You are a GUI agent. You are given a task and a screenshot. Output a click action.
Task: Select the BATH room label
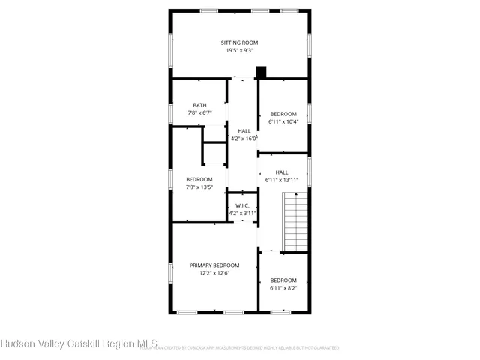tap(199, 105)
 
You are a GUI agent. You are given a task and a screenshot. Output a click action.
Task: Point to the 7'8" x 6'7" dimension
tap(199, 113)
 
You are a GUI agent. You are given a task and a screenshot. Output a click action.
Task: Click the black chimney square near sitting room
tap(261, 73)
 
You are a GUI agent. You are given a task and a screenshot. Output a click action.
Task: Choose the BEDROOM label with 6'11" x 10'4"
tap(283, 114)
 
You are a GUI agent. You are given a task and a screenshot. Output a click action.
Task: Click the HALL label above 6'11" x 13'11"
tap(281, 172)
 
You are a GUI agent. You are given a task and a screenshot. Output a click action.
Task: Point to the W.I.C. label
tap(242, 205)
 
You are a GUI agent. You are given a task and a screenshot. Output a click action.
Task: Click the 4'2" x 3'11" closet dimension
tap(243, 214)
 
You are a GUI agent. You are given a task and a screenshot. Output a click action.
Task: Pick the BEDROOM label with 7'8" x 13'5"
tap(199, 179)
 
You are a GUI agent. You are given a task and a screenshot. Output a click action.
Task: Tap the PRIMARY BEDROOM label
tap(214, 265)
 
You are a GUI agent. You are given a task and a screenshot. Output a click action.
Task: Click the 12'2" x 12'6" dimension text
tap(214, 274)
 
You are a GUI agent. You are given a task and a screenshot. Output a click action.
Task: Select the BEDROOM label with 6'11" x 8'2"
tap(283, 280)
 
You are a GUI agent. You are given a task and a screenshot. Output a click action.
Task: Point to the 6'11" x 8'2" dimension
tap(283, 288)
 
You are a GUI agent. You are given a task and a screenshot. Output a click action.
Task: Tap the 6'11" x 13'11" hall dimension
tap(282, 180)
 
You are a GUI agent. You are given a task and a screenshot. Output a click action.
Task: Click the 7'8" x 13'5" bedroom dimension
tap(199, 187)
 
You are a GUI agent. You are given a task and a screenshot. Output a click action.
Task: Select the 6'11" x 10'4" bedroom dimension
tap(283, 121)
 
